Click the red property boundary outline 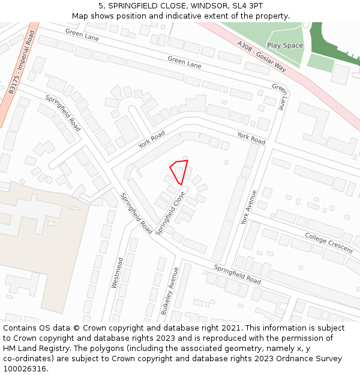pos(179,172)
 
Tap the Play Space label pos(285,46)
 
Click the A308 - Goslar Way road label pos(262,57)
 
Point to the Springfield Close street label pos(170,213)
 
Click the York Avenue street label pos(248,207)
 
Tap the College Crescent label pos(328,242)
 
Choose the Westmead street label pos(118,273)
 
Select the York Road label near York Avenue pos(251,138)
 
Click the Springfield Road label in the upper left pos(63,113)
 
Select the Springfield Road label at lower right pos(238,274)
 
